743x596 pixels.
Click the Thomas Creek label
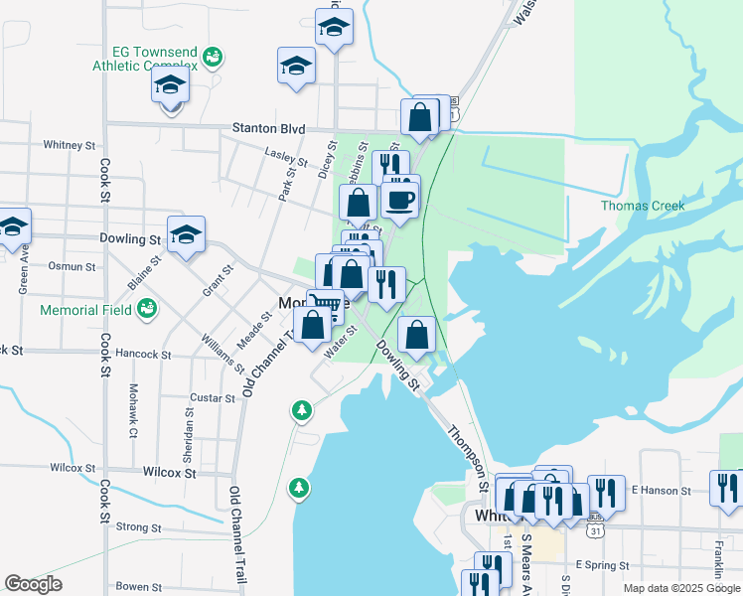click(x=642, y=206)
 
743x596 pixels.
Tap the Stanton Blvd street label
click(x=267, y=128)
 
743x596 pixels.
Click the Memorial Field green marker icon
click(x=147, y=310)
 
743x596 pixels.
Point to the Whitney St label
click(x=68, y=145)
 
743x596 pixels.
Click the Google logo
click(x=33, y=584)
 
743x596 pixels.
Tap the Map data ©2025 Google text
click(x=680, y=588)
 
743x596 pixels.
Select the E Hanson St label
click(x=661, y=491)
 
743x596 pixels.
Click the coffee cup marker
click(x=400, y=199)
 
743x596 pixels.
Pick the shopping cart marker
click(x=325, y=303)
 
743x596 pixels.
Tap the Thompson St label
click(x=467, y=458)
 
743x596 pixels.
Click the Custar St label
click(x=212, y=398)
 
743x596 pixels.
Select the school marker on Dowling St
click(x=186, y=235)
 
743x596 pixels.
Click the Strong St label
click(x=138, y=526)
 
